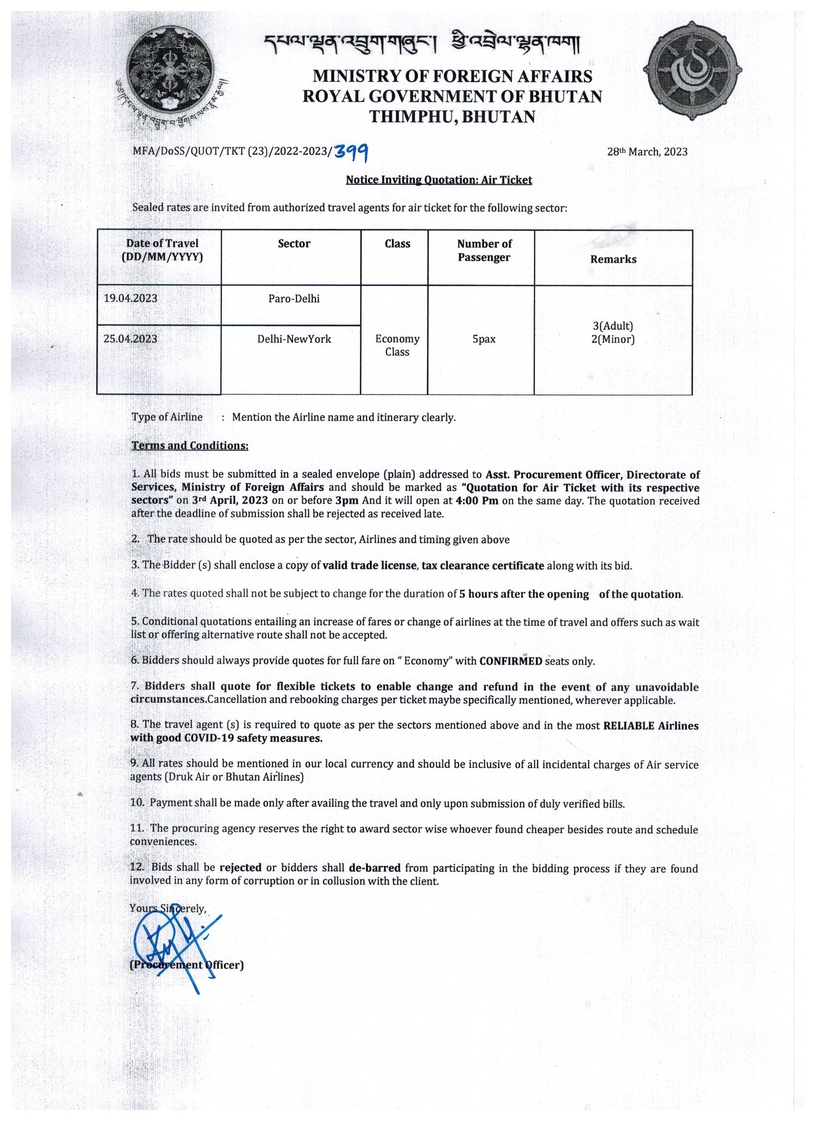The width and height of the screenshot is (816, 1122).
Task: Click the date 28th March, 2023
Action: coord(647,152)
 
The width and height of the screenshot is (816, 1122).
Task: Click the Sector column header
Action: coord(294,243)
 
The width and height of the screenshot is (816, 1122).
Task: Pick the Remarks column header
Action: coord(613,259)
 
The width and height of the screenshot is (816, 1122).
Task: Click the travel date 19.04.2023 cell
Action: coord(131,298)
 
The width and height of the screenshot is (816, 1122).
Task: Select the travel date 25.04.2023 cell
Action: coord(131,339)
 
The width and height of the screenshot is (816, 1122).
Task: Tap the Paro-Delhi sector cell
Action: coord(294,299)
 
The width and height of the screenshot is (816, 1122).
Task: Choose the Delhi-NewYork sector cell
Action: coord(294,339)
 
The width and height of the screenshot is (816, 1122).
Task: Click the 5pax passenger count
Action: coord(483,339)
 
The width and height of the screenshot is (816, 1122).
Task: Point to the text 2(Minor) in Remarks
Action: coord(612,339)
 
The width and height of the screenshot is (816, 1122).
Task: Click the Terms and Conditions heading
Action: coord(190,445)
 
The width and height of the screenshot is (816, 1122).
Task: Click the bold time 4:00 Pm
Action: coord(476,501)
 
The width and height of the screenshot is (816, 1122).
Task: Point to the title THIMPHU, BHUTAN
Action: coord(452,117)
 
